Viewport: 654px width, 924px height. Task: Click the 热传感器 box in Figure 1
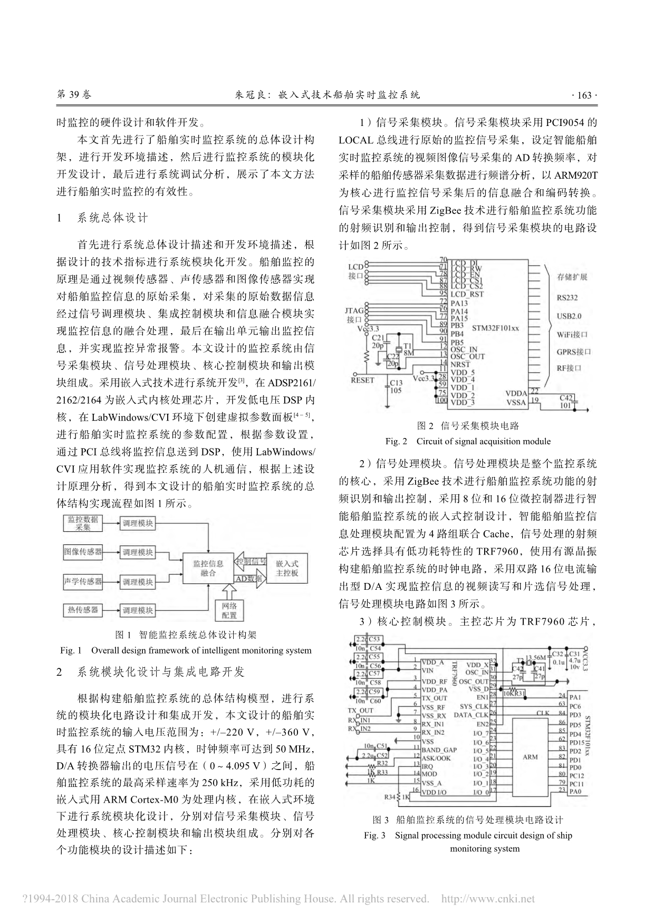point(83,610)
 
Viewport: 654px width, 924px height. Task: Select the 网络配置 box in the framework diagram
point(229,610)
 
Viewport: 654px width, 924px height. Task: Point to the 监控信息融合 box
point(208,568)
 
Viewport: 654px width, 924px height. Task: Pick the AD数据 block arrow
point(248,579)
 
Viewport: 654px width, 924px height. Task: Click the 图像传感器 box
point(83,552)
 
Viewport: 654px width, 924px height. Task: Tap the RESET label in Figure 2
point(362,380)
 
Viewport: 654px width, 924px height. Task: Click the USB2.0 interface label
point(569,316)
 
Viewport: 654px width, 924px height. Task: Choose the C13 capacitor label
point(396,383)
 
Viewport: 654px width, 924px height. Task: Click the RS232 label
point(567,297)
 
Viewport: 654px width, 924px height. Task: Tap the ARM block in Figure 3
point(530,757)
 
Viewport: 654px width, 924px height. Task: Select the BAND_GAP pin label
point(439,750)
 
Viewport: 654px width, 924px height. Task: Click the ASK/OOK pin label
point(436,758)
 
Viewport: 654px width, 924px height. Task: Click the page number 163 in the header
point(584,95)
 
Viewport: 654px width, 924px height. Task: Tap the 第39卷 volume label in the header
point(73,95)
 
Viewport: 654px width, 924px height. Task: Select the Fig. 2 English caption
point(468,441)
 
